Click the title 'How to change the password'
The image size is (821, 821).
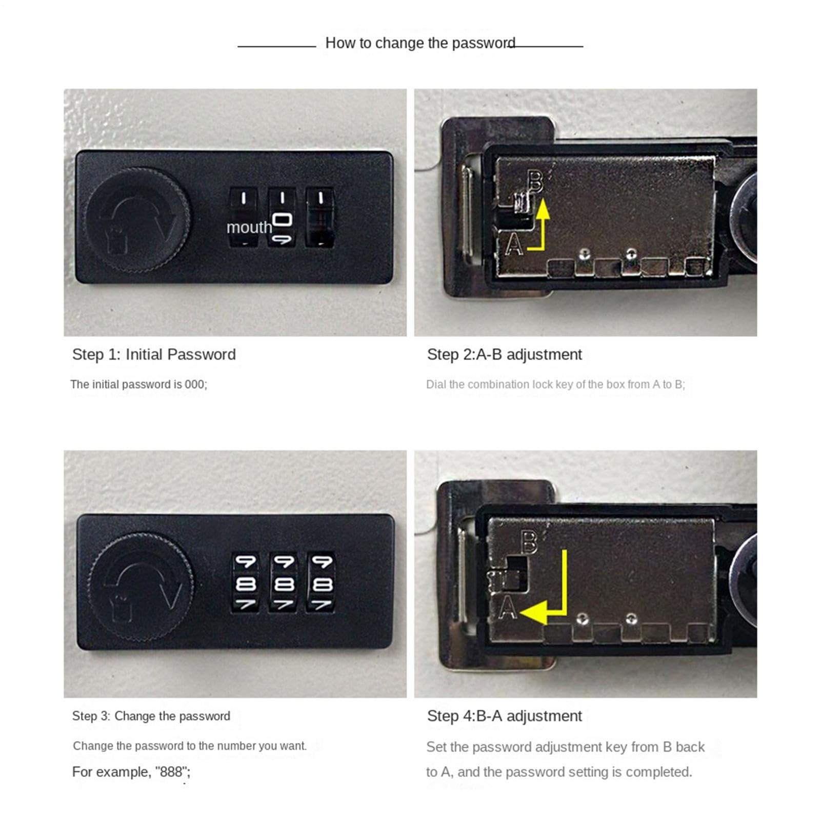coord(420,43)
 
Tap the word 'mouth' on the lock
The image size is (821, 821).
coord(249,227)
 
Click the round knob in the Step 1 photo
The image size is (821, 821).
coord(138,220)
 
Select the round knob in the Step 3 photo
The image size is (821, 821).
coord(141,587)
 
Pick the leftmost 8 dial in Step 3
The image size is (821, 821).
coord(246,583)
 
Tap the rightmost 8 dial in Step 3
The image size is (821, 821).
coord(322,583)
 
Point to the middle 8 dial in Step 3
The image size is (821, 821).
coord(284,583)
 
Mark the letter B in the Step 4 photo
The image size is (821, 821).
coord(529,542)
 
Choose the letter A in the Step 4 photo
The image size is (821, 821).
coord(508,608)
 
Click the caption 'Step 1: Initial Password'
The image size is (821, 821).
coord(154,354)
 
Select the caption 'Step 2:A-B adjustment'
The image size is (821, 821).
coord(505,354)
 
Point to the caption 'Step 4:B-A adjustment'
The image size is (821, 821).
coord(505,716)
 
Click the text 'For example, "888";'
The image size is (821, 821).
coord(131,772)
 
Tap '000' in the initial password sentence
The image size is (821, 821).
coord(195,384)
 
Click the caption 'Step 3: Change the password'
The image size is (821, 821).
coord(151,716)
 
